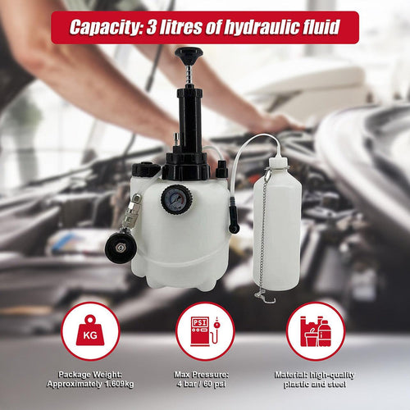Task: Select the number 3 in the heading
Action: pos(153,27)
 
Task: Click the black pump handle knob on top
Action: pos(188,55)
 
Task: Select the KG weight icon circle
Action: pos(90,330)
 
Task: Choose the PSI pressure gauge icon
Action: pos(205,330)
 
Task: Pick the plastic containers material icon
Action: pos(315,330)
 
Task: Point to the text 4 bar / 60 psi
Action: pos(205,385)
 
